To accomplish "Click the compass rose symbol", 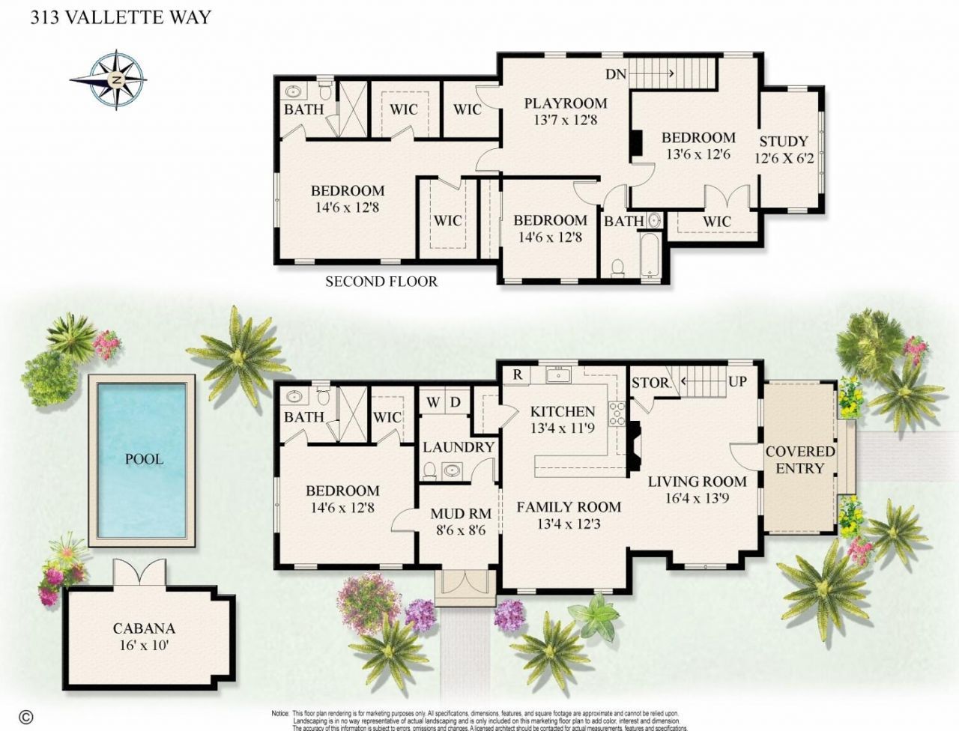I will pyautogui.click(x=117, y=79).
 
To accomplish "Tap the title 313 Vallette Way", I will pyautogui.click(x=120, y=16).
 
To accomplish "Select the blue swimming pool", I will pyautogui.click(x=142, y=458).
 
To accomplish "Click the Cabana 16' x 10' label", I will pyautogui.click(x=144, y=636).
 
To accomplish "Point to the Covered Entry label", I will pyautogui.click(x=799, y=459).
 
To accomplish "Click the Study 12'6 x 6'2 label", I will pyautogui.click(x=784, y=149).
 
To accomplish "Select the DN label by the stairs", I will pyautogui.click(x=616, y=73).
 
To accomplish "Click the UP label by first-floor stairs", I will pyautogui.click(x=737, y=381).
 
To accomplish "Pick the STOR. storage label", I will pyautogui.click(x=650, y=382).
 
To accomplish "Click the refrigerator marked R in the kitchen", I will pyautogui.click(x=517, y=374).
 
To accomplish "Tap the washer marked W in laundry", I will pyautogui.click(x=433, y=402).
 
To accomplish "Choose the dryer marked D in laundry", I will pyautogui.click(x=455, y=402).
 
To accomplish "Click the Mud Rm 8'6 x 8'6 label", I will pyautogui.click(x=461, y=521).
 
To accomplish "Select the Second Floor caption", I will pyautogui.click(x=381, y=282).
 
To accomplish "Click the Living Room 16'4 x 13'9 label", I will pyautogui.click(x=697, y=488).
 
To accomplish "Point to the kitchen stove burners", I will pyautogui.click(x=617, y=414).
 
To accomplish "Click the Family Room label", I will pyautogui.click(x=569, y=515).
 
